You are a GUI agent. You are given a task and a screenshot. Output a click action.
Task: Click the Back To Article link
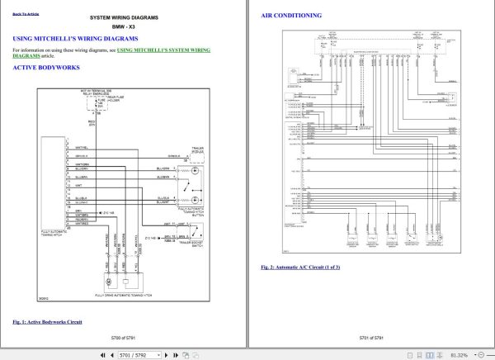pos(26,15)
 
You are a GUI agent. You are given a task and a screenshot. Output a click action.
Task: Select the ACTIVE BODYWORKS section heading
pos(47,68)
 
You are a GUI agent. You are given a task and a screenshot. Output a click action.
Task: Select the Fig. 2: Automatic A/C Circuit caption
pos(300,268)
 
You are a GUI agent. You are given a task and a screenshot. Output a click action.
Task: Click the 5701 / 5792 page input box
pos(133,354)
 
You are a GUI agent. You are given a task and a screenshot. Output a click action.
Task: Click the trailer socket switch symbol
pos(194,235)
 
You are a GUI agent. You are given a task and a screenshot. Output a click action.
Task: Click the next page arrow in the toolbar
pos(170,354)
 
